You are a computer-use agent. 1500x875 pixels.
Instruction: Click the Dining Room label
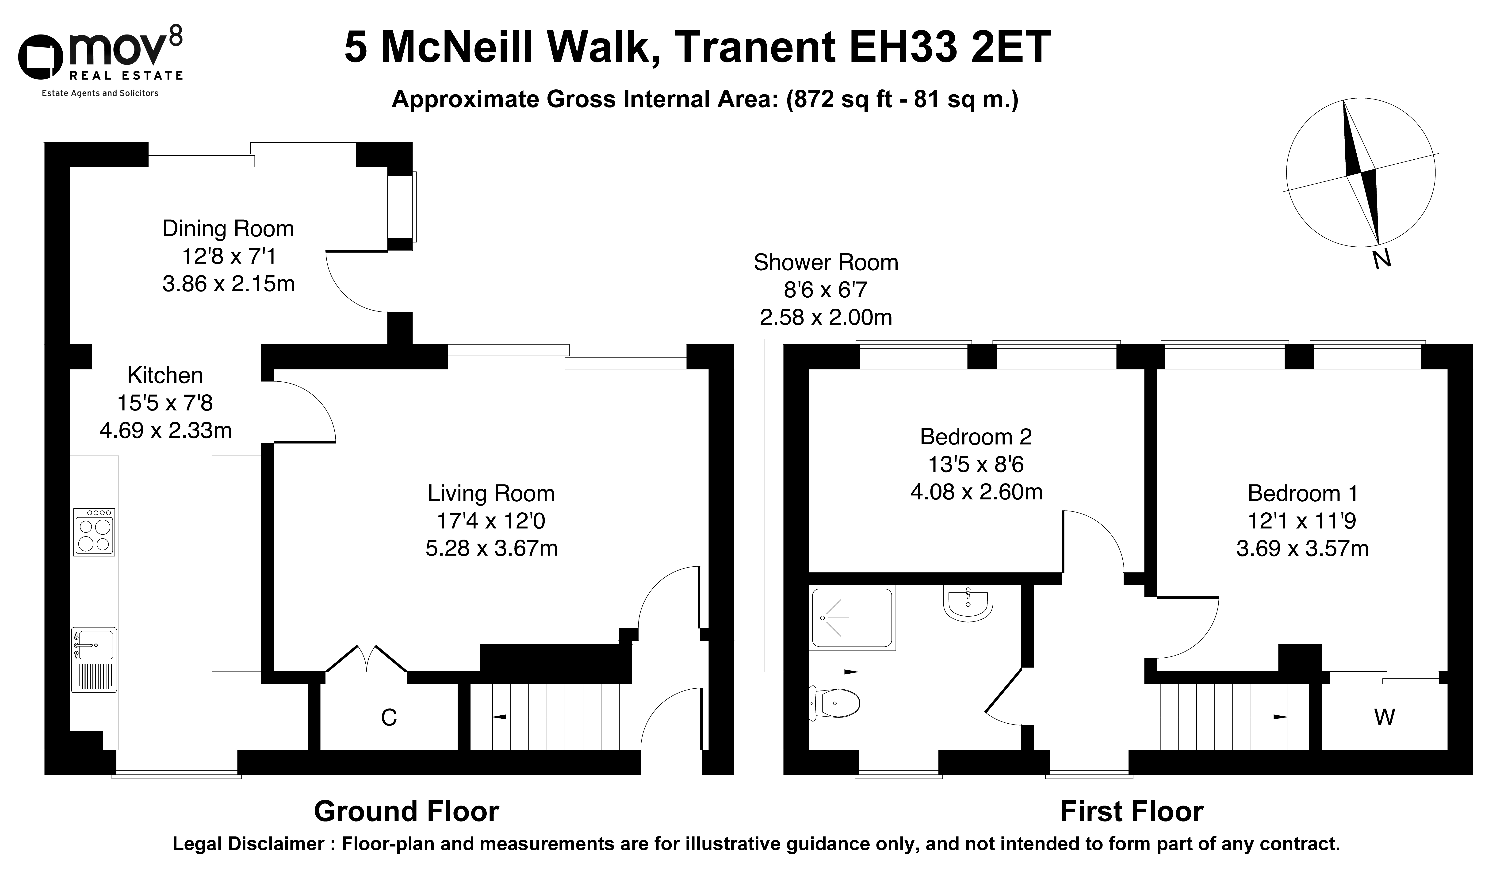(228, 229)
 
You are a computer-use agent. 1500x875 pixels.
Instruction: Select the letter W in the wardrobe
(1385, 717)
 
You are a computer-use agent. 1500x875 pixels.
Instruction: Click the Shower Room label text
(826, 262)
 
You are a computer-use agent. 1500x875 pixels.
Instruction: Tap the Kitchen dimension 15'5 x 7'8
(165, 403)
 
